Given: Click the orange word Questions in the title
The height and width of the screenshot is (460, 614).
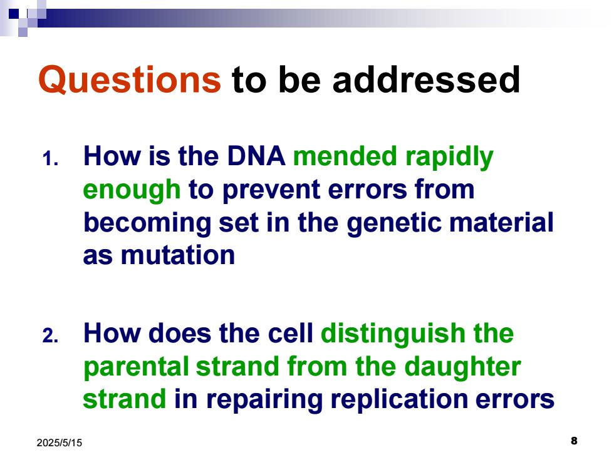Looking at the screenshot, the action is (130, 80).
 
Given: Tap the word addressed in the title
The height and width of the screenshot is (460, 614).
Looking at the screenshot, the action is (426, 79).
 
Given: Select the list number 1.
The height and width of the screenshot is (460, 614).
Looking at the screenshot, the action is (50, 159).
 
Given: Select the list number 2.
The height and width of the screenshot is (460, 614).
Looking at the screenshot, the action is (50, 336).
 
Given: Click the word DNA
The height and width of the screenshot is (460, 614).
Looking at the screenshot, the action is (256, 156).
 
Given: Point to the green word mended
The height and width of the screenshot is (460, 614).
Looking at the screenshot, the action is (345, 156).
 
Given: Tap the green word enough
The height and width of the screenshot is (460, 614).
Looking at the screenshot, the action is (132, 190).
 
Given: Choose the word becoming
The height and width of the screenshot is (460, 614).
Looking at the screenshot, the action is (147, 223).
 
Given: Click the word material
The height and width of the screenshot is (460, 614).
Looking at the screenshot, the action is (501, 222).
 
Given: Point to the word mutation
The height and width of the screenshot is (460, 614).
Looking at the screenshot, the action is (178, 255).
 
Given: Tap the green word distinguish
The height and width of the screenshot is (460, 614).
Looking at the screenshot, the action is (393, 334).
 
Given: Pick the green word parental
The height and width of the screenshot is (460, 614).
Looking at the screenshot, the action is (136, 368).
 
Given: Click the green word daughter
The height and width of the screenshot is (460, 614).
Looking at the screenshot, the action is (462, 368).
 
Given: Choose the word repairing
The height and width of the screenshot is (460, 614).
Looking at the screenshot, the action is (264, 401).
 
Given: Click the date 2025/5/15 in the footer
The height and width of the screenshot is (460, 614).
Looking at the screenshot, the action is (60, 443).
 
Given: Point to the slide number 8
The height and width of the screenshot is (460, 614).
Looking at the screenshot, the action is (574, 441).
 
